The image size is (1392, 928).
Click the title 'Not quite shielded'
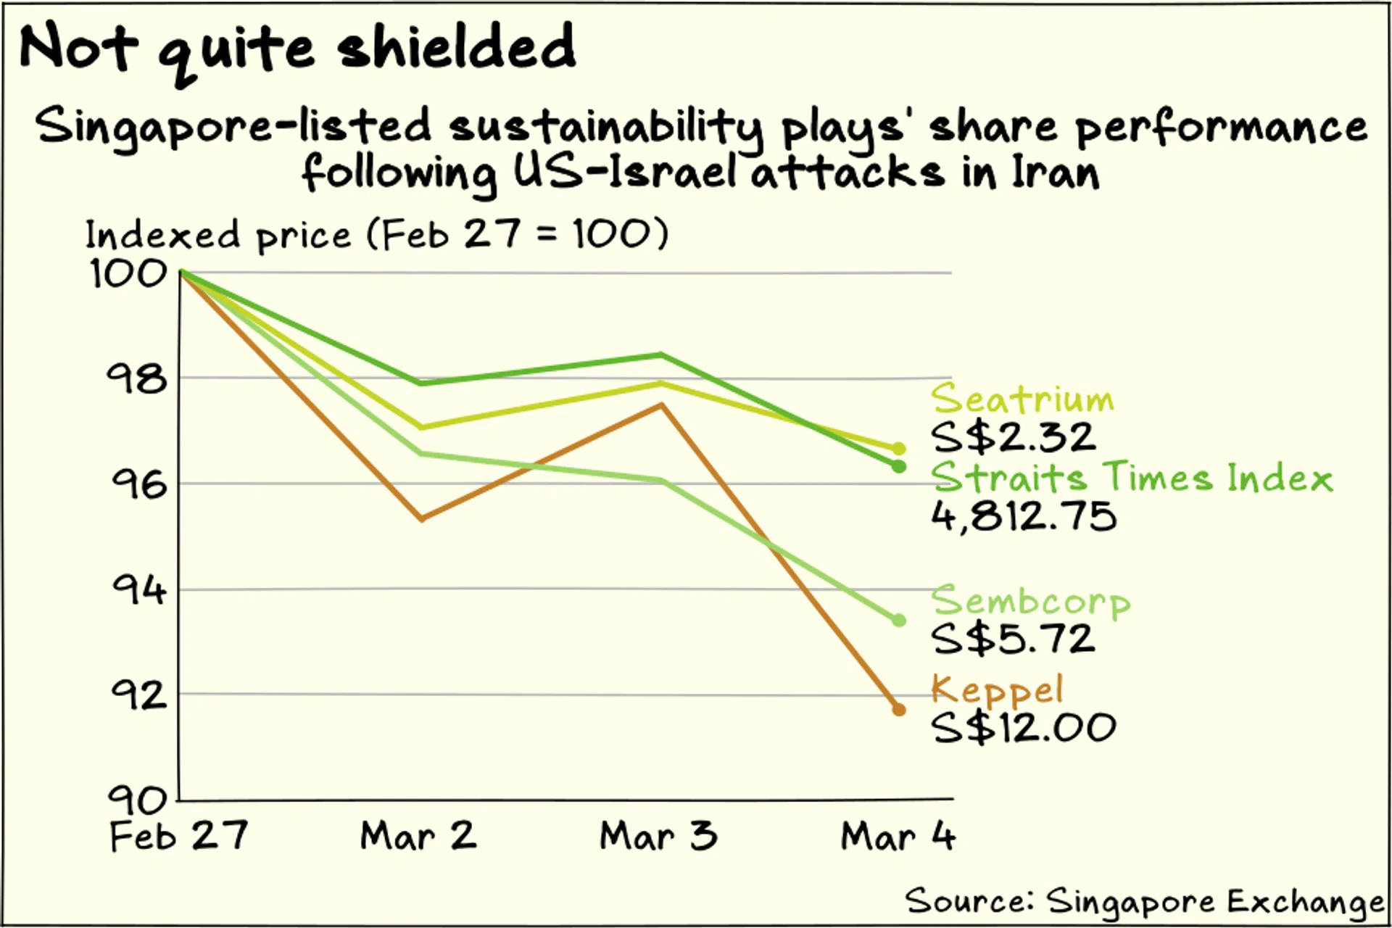pyautogui.click(x=297, y=48)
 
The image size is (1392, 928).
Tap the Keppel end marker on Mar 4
pyautogui.click(x=898, y=710)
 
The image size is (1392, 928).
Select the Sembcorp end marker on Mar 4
pyautogui.click(x=898, y=620)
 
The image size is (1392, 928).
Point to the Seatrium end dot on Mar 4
pyautogui.click(x=898, y=449)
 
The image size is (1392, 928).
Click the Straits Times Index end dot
pyautogui.click(x=898, y=467)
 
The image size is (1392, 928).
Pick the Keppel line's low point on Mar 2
pyautogui.click(x=422, y=519)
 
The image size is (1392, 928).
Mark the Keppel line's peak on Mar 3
pyautogui.click(x=661, y=405)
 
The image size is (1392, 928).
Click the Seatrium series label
pyautogui.click(x=1022, y=399)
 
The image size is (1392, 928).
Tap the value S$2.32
pyautogui.click(x=1014, y=437)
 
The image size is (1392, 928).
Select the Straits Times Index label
pyautogui.click(x=1131, y=477)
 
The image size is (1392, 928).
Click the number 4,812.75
pyautogui.click(x=1024, y=516)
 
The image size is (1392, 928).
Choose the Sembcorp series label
pyautogui.click(x=1029, y=601)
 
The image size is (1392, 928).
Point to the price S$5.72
pyautogui.click(x=1014, y=639)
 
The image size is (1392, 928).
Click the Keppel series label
pyautogui.click(x=997, y=689)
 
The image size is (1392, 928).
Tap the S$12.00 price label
pyautogui.click(x=1024, y=727)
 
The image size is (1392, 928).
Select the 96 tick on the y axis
pyautogui.click(x=138, y=484)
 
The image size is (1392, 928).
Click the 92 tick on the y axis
pyautogui.click(x=138, y=695)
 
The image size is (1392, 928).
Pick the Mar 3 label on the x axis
pyautogui.click(x=658, y=836)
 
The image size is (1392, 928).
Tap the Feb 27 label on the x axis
pyautogui.click(x=178, y=836)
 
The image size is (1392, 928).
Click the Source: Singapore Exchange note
pyautogui.click(x=1144, y=901)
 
